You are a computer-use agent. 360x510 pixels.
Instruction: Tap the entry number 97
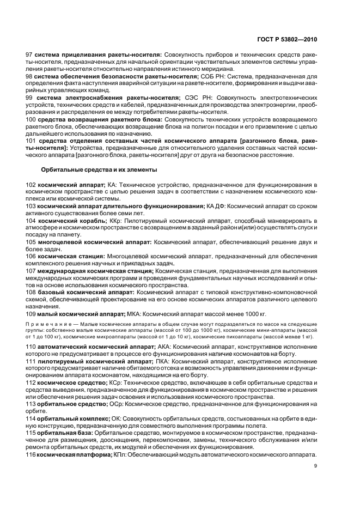click(30, 56)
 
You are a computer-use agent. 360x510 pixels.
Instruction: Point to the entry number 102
click(32, 186)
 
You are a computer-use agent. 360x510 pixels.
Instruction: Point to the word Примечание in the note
click(51, 324)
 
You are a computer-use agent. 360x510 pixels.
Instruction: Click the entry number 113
click(32, 404)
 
